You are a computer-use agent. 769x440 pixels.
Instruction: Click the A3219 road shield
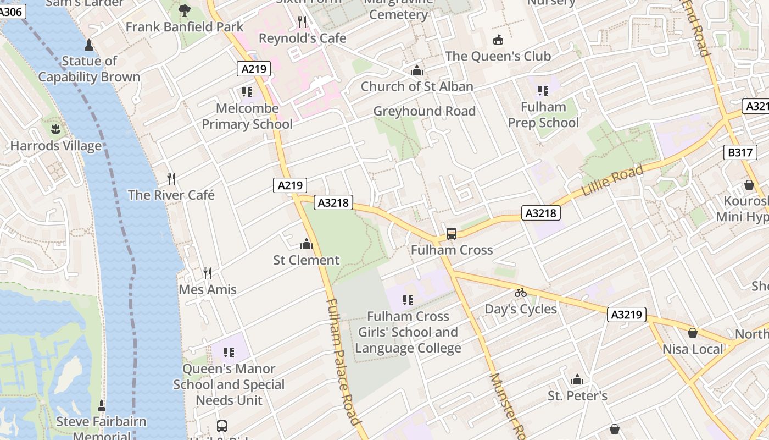pos(627,315)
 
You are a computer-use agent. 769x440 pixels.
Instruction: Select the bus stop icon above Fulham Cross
pos(452,234)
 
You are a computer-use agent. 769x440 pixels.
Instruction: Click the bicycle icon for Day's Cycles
pos(521,293)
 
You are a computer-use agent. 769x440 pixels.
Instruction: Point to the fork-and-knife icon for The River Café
pos(171,178)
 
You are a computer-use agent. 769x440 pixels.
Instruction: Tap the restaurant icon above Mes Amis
pos(207,273)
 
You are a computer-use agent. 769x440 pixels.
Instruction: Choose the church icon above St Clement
pos(307,243)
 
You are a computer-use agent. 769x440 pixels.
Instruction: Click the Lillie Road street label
pos(612,182)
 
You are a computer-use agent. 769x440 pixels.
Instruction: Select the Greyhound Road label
pos(425,111)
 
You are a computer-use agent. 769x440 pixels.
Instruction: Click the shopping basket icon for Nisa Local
pos(693,333)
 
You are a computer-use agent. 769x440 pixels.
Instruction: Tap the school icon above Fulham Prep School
pos(543,91)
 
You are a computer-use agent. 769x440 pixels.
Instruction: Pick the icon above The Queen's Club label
pos(498,40)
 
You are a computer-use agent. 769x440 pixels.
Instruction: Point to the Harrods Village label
pos(56,146)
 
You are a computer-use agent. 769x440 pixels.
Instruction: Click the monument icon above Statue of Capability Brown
pos(89,45)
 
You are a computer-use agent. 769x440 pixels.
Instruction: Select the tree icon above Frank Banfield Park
pos(185,10)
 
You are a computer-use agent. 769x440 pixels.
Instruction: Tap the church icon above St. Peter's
pos(577,380)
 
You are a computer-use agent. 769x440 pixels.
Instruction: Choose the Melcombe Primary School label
pos(247,116)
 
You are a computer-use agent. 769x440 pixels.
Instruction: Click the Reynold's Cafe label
pos(303,38)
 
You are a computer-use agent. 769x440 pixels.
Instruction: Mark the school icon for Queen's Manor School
pos(229,352)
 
